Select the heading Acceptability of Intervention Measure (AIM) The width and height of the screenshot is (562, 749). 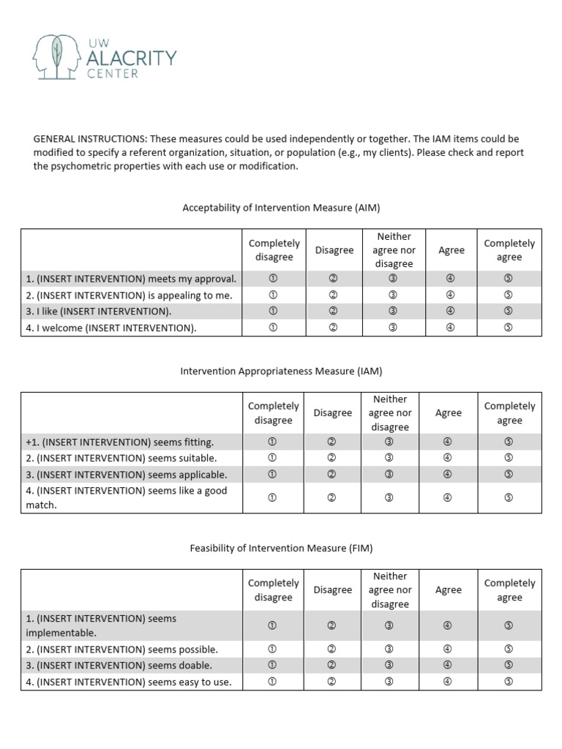coord(281,208)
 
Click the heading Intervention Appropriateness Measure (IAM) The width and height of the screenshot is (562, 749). coord(281,371)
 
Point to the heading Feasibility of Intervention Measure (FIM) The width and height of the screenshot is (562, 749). coord(281,547)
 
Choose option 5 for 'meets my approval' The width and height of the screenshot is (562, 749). coord(509,279)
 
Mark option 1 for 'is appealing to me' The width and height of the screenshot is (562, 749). coord(273,295)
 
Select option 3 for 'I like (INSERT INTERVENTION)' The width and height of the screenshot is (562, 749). coord(393,311)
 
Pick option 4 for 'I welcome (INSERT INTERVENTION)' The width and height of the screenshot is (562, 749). coord(451,328)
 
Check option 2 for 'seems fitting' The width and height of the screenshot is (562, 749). coord(332,442)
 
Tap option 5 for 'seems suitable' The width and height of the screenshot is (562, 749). coord(509,458)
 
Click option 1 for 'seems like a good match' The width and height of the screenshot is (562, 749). coord(273,497)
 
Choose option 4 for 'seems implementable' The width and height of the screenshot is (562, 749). coord(448,625)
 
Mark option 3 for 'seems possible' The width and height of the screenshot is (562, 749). coord(389,649)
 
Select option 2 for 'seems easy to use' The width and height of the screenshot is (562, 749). coord(332,682)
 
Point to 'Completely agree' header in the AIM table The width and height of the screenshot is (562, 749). coord(509,250)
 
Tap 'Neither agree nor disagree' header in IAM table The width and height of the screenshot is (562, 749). coord(390,413)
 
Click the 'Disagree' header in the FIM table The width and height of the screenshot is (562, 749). coord(332,590)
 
